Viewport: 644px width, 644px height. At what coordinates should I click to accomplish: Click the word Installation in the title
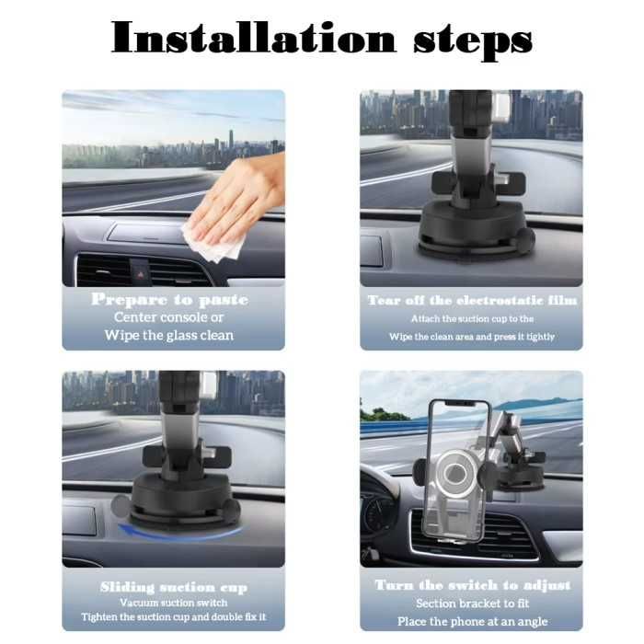click(253, 38)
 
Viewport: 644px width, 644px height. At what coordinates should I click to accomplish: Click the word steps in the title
click(472, 41)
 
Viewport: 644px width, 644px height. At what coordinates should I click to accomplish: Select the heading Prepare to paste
click(169, 300)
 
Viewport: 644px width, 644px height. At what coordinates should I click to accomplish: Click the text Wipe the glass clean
click(168, 335)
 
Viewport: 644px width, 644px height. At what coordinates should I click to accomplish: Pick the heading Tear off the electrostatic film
click(472, 300)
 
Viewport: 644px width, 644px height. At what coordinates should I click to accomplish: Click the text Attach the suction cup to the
click(472, 318)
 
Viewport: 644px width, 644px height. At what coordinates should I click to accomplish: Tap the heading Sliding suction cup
click(174, 587)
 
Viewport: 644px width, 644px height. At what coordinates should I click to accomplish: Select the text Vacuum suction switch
click(174, 603)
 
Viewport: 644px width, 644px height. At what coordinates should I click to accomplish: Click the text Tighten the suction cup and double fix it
click(174, 617)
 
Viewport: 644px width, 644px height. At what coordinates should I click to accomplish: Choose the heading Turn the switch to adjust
click(473, 585)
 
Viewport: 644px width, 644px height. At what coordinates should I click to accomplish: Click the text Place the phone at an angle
click(472, 621)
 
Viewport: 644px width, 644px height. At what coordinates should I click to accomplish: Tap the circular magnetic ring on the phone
click(455, 471)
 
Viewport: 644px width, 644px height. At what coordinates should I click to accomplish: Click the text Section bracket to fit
click(472, 604)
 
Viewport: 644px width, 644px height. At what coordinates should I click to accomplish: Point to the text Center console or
click(168, 317)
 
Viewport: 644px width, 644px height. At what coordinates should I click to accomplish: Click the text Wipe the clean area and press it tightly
click(472, 337)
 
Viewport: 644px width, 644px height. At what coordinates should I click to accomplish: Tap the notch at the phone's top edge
click(459, 403)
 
